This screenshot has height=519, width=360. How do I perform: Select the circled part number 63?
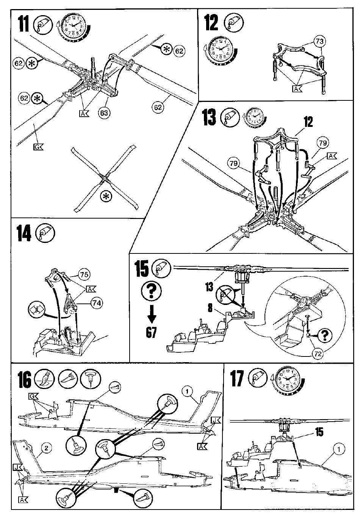click(x=103, y=113)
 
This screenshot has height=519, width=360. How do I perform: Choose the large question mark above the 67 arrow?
click(x=150, y=291)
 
